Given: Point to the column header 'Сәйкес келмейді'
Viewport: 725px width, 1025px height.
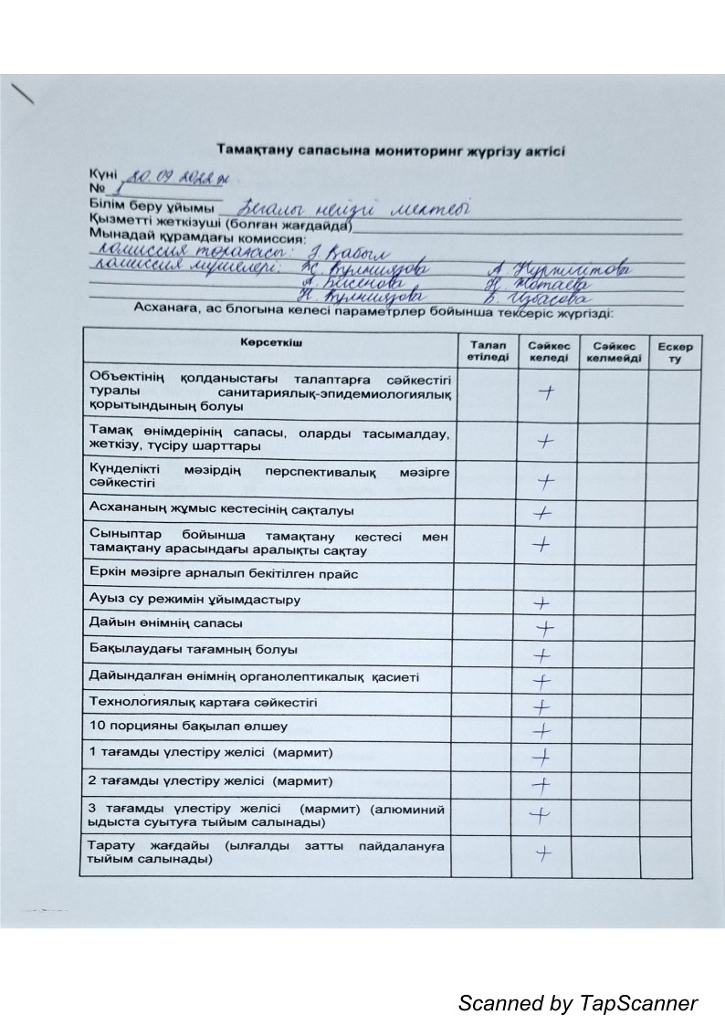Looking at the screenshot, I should click(614, 350).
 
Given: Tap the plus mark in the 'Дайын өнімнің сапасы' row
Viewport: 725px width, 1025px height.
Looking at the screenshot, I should click(545, 629).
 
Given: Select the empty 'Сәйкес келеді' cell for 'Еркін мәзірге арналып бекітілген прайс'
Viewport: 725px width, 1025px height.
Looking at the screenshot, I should click(545, 575).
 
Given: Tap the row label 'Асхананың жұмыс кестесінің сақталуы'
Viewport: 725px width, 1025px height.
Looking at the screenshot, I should click(221, 509).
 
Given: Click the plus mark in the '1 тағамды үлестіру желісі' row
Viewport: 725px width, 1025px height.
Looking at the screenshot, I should click(542, 757).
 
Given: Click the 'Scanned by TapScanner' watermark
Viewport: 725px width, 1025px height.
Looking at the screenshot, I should click(577, 1003).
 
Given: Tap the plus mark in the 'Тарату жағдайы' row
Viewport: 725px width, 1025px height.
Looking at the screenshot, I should click(544, 854).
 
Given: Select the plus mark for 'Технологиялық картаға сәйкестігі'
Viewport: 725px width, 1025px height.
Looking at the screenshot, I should click(542, 706).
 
